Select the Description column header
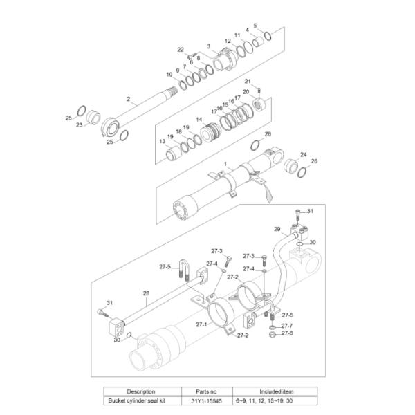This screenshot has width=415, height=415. (141, 391)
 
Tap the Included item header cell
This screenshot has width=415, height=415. (275, 391)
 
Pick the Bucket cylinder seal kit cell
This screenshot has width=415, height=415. (141, 400)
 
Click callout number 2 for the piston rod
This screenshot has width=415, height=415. (128, 99)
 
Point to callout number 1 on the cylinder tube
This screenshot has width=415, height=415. (225, 163)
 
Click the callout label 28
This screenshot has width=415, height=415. (146, 293)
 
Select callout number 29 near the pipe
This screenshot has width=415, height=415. (276, 229)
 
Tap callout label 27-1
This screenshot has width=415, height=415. (201, 324)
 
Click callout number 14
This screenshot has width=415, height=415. (199, 119)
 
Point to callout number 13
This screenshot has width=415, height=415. (163, 141)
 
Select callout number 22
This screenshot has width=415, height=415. (181, 50)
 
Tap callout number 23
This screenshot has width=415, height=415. (79, 125)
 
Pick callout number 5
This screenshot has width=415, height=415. (255, 26)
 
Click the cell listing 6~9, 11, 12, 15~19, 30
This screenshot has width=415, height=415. (275, 400)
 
